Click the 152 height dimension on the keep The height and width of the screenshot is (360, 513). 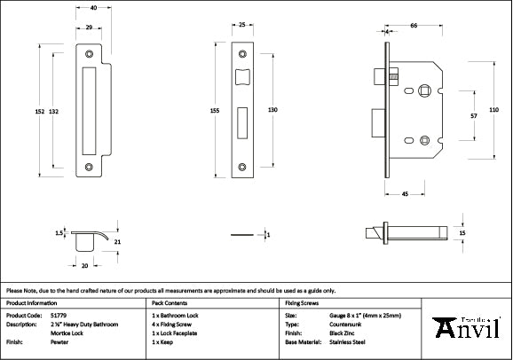click(39, 111)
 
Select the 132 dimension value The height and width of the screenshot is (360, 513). click(54, 111)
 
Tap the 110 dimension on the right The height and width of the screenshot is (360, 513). click(493, 109)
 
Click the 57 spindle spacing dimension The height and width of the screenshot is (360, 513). click(473, 115)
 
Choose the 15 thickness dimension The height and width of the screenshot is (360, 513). click(462, 232)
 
